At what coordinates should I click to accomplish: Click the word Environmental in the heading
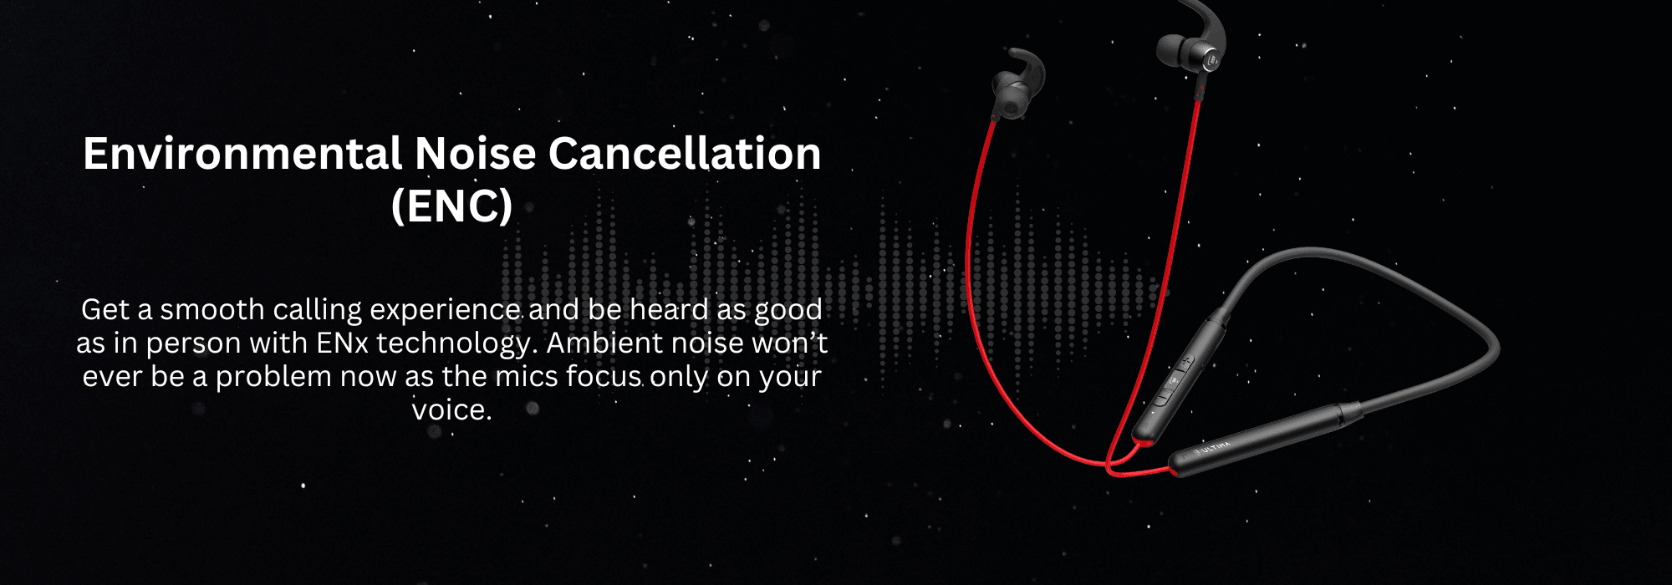243,154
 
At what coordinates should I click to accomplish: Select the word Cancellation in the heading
685,154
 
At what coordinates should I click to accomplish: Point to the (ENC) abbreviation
451,206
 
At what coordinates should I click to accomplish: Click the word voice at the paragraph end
451,409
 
